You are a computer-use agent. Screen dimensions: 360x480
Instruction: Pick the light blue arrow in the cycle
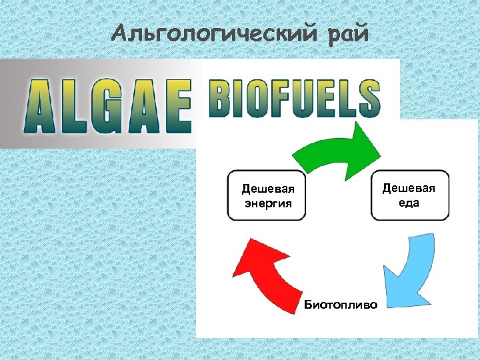tap(409, 270)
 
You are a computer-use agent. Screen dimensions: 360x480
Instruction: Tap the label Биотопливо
tap(340, 305)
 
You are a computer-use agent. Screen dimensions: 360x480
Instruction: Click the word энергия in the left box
tap(267, 203)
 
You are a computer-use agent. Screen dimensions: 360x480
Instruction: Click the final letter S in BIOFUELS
tap(368, 100)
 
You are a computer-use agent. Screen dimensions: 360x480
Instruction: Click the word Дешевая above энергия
tap(267, 189)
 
